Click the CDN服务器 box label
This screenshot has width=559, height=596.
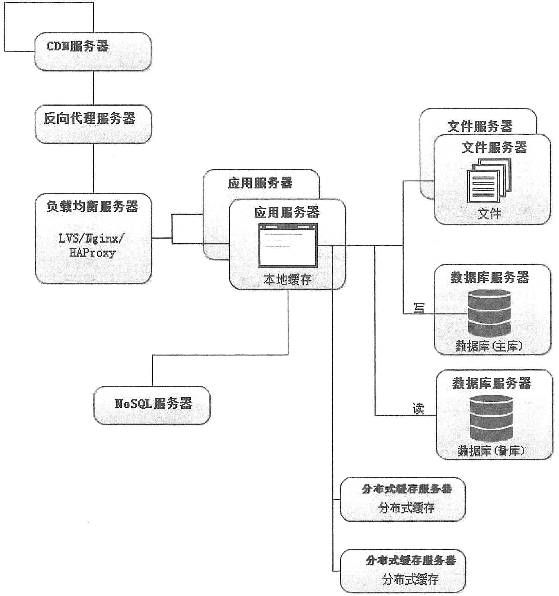coord(77,47)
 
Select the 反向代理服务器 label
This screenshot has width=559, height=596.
coord(89,118)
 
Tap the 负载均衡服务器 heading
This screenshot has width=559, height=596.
coord(92,207)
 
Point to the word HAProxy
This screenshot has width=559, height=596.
coord(93,253)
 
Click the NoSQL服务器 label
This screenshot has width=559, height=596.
coord(153,403)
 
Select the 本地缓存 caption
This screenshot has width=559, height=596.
coord(287,280)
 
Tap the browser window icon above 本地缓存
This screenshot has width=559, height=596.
coord(288,245)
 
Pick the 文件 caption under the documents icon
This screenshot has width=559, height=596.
coord(489,214)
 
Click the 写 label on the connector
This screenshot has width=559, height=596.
coord(419,308)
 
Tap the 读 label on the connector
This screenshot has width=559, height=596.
coord(418,409)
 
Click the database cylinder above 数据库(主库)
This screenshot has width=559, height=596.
coord(489,313)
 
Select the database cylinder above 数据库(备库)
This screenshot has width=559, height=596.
coord(491,418)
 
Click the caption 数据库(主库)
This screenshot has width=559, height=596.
coord(489,346)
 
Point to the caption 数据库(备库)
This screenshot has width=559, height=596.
coord(491,451)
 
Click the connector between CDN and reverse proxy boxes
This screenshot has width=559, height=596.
coord(93,88)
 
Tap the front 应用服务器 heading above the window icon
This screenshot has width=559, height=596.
coord(287,213)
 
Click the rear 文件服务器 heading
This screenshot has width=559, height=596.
coord(480,126)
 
